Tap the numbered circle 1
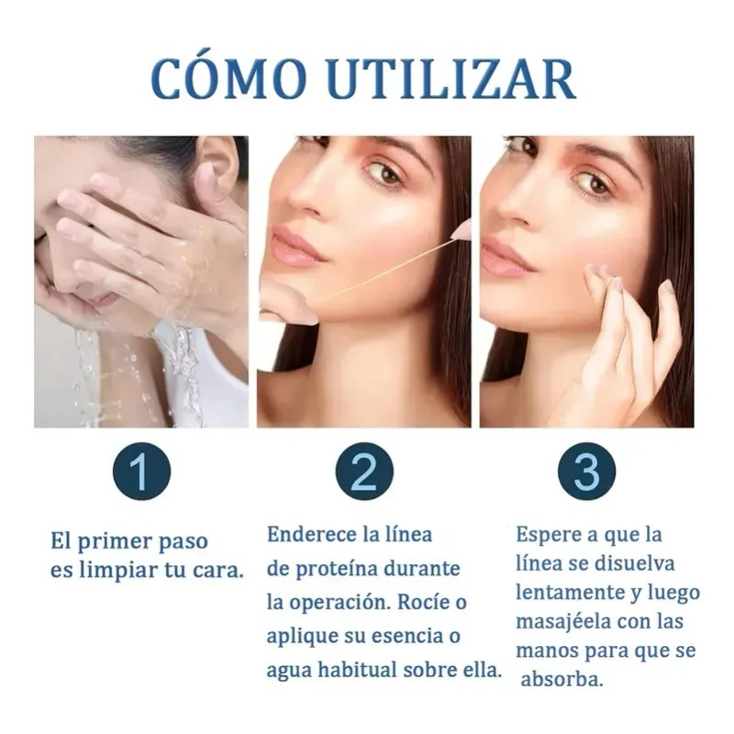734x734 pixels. (x=141, y=471)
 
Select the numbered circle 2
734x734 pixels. (x=364, y=471)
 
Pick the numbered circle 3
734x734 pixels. (x=587, y=471)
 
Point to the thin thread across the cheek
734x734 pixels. (x=389, y=268)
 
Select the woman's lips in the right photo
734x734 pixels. (x=505, y=255)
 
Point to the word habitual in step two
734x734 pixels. (x=358, y=670)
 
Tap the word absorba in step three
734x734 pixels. (x=561, y=679)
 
